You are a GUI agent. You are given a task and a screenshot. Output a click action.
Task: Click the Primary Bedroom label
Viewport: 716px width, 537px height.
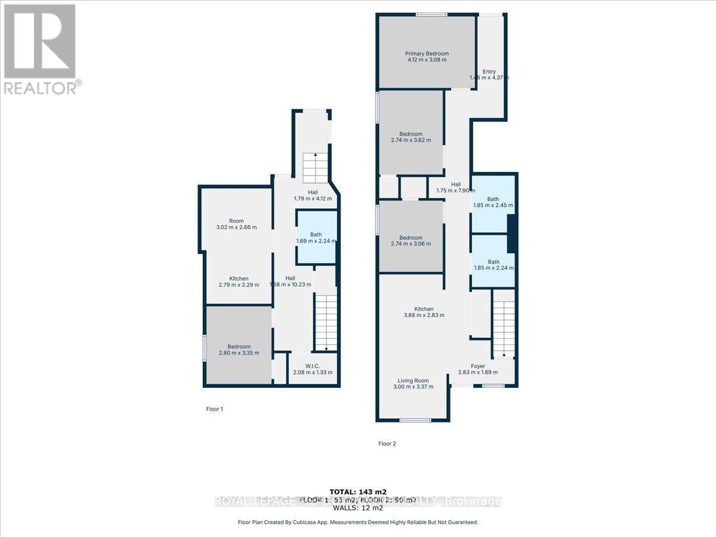(427, 54)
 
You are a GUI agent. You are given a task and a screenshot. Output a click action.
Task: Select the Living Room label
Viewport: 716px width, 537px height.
(413, 381)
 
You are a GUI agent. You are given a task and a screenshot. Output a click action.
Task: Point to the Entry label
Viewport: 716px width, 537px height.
(489, 72)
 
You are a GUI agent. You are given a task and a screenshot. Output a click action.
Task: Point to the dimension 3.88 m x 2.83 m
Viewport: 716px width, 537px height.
(424, 315)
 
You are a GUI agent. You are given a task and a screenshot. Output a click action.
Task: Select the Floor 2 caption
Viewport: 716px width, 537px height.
(387, 443)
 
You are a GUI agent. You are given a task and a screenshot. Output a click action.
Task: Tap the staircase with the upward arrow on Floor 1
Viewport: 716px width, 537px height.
(315, 168)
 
